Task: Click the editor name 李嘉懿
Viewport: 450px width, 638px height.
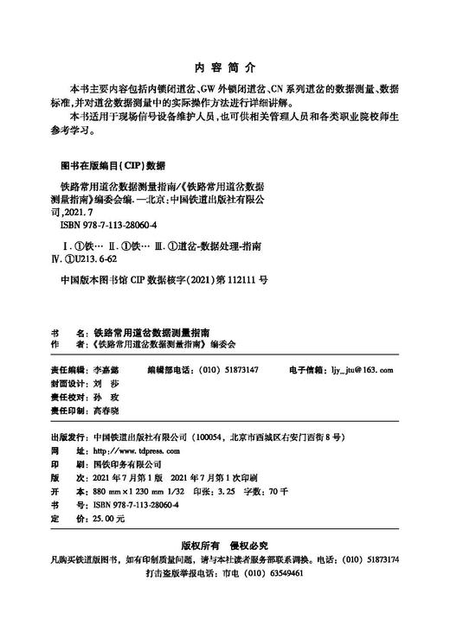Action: [x=106, y=369]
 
